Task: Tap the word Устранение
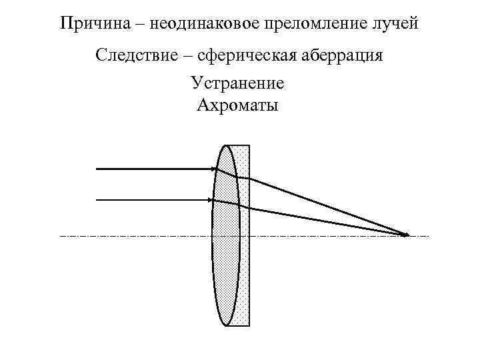(238, 83)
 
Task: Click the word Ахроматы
(238, 105)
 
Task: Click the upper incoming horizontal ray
(153, 169)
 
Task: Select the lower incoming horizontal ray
(153, 199)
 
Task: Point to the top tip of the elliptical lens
(226, 146)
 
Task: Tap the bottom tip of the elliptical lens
(226, 325)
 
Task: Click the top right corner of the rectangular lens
(249, 145)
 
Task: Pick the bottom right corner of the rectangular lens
(249, 326)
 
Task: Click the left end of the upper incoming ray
(97, 169)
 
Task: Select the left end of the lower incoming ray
(97, 199)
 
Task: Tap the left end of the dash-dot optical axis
(61, 236)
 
